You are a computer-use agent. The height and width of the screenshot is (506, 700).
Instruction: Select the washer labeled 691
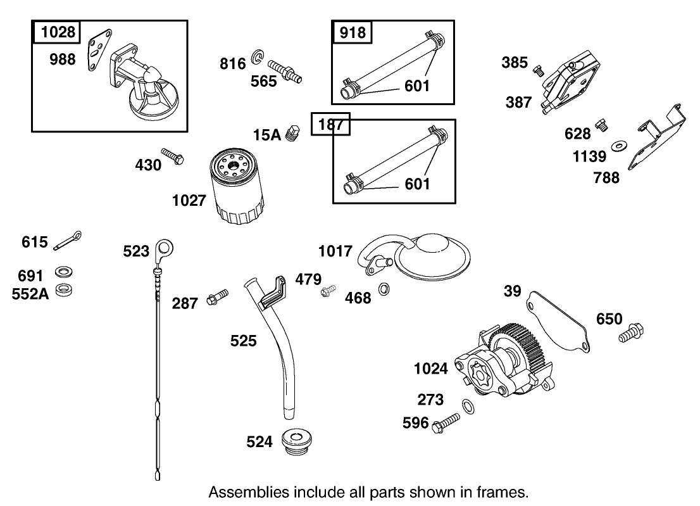pyautogui.click(x=63, y=272)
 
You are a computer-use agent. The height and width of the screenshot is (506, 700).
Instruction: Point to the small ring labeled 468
pyautogui.click(x=384, y=290)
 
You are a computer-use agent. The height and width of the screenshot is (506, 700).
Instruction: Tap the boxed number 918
pyautogui.click(x=352, y=32)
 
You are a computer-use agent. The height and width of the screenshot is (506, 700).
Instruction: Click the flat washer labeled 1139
pyautogui.click(x=618, y=146)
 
